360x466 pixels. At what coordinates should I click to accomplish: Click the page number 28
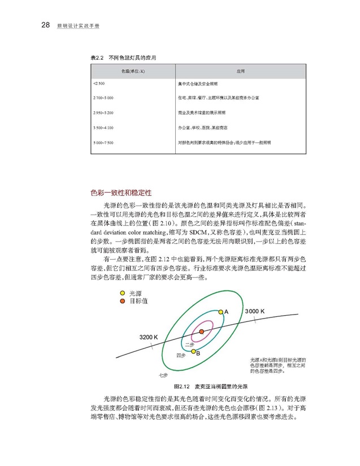pyautogui.click(x=46, y=25)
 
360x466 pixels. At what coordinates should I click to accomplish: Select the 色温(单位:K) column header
pyautogui.click(x=132, y=72)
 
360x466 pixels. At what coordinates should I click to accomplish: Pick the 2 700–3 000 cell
pyautogui.click(x=102, y=98)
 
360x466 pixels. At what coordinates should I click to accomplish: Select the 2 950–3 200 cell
pyautogui.click(x=102, y=112)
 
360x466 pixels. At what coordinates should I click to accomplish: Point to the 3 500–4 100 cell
pyautogui.click(x=102, y=127)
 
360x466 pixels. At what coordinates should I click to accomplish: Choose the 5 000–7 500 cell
pyautogui.click(x=102, y=142)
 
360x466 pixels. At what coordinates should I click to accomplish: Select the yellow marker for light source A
pyautogui.click(x=221, y=311)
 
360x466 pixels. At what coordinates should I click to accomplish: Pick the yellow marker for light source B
pyautogui.click(x=193, y=351)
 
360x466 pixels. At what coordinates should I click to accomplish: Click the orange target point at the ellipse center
pyautogui.click(x=201, y=331)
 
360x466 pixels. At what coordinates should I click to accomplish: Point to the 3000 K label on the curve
pyautogui.click(x=255, y=312)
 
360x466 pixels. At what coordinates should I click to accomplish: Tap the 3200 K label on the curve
pyautogui.click(x=148, y=337)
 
